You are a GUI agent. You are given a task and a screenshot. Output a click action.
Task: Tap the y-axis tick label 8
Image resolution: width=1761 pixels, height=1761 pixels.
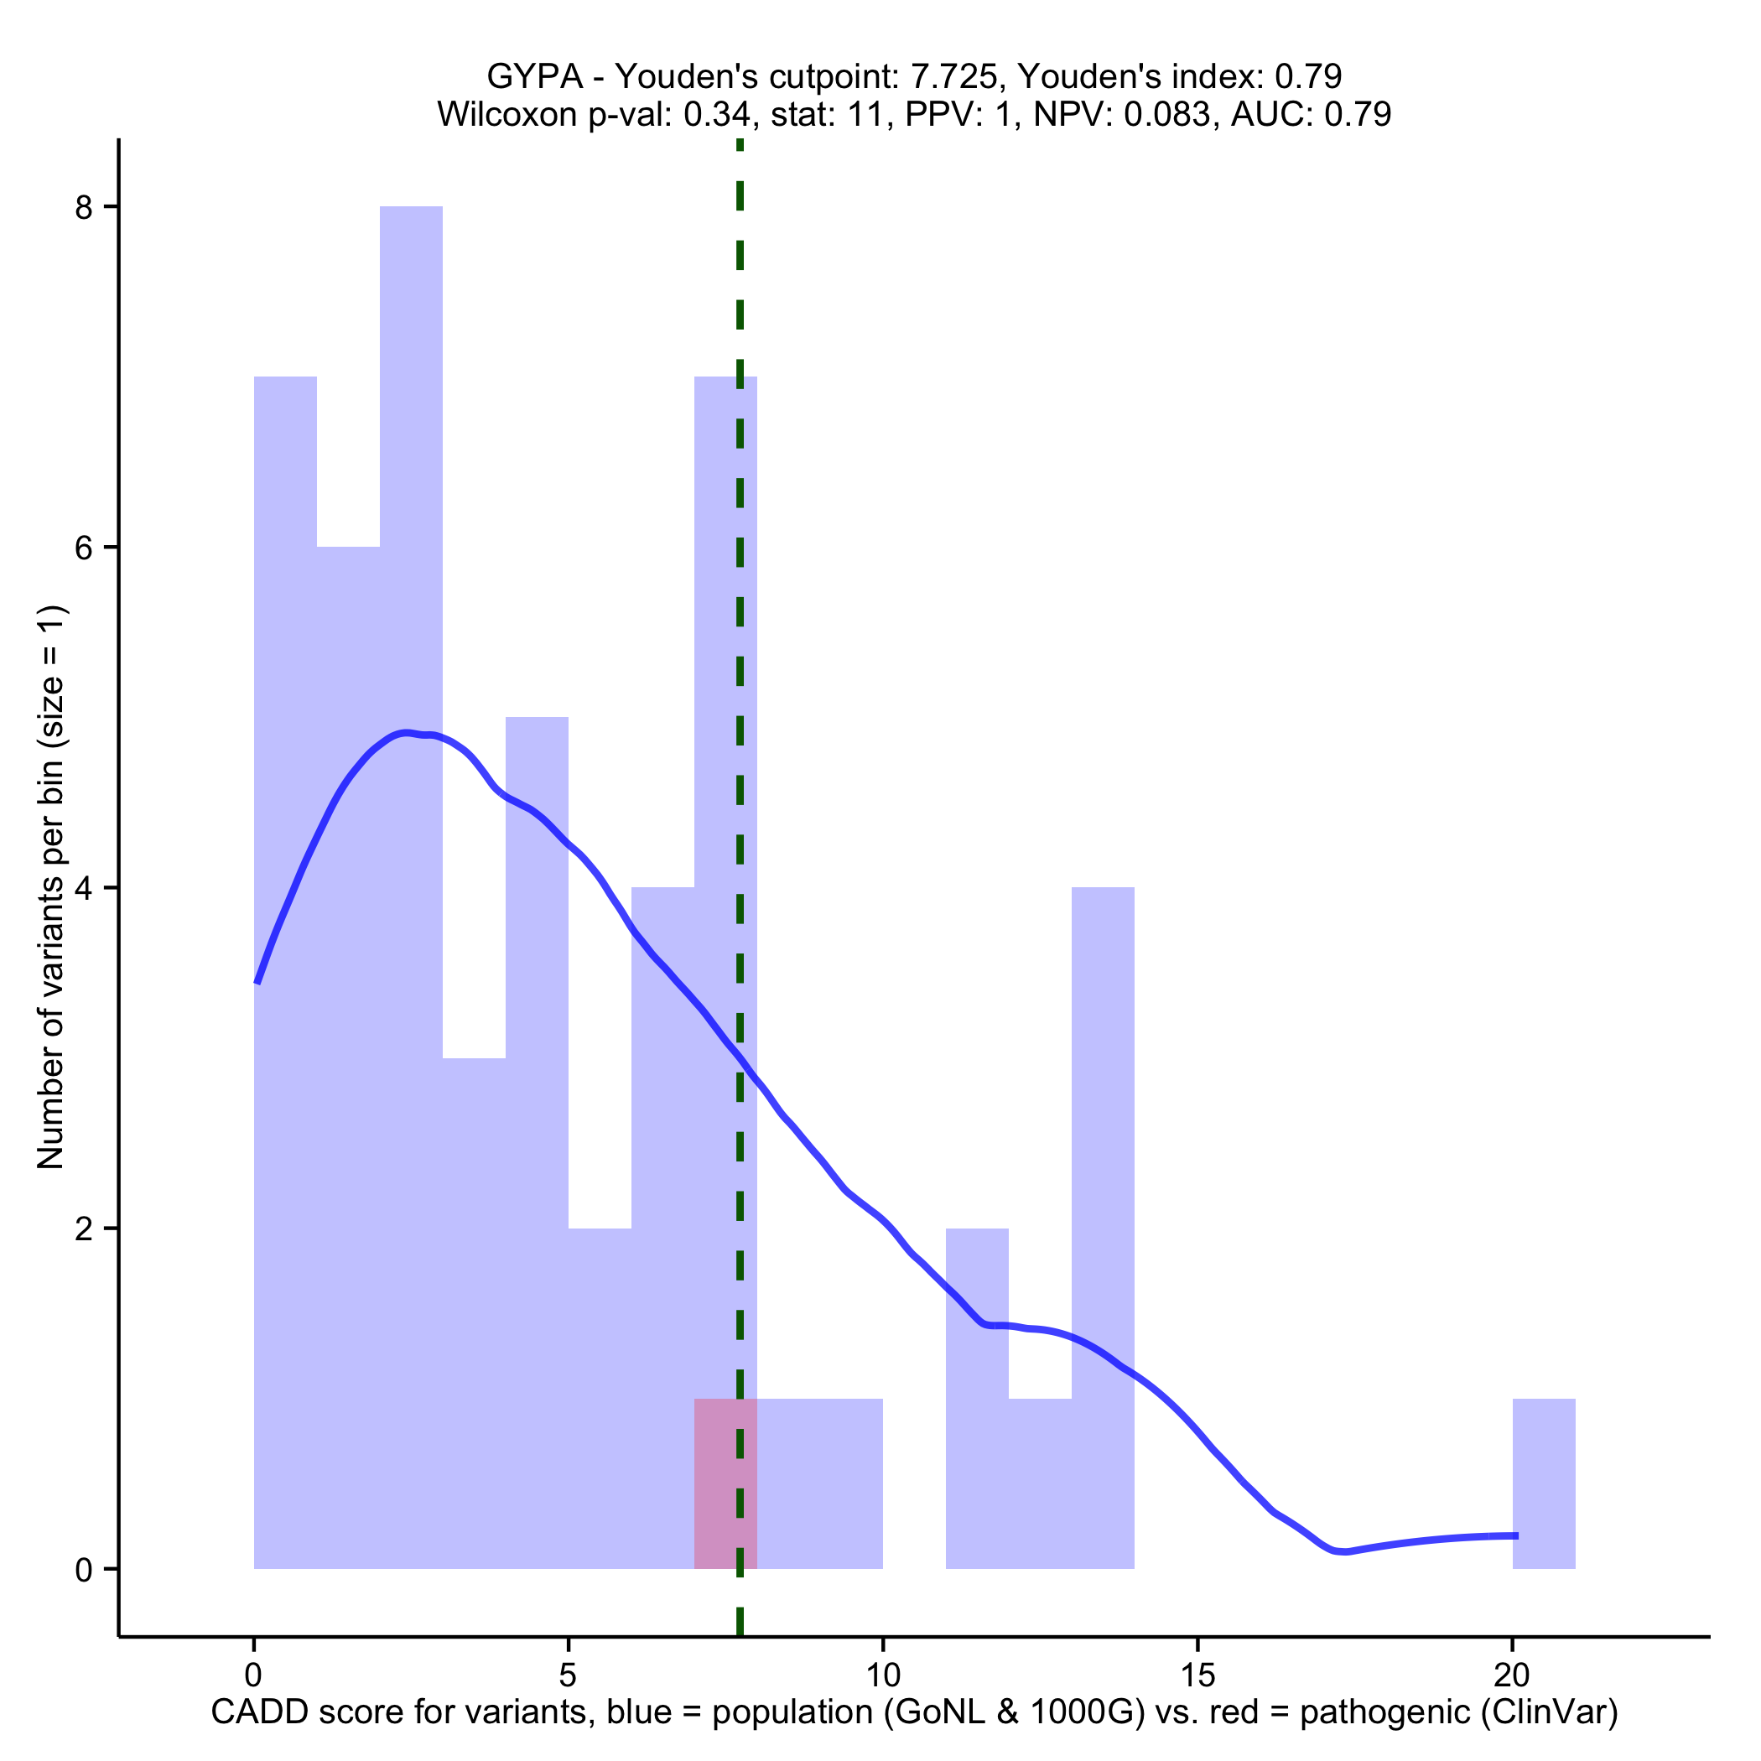pyautogui.click(x=85, y=208)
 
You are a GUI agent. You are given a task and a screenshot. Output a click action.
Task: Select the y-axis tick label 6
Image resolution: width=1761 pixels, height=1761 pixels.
pyautogui.click(x=85, y=548)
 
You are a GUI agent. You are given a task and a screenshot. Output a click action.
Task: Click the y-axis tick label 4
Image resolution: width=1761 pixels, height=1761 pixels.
pyautogui.click(x=85, y=888)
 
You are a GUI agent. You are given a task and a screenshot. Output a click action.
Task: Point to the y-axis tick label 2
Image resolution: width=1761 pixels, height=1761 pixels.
pyautogui.click(x=85, y=1229)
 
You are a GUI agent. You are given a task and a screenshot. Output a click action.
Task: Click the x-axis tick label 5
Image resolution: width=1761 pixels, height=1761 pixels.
pyautogui.click(x=568, y=1675)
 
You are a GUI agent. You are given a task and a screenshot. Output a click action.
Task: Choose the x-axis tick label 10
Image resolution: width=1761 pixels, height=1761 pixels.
pyautogui.click(x=882, y=1675)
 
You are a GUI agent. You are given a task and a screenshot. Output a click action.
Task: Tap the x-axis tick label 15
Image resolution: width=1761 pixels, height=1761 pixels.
pyautogui.click(x=1197, y=1675)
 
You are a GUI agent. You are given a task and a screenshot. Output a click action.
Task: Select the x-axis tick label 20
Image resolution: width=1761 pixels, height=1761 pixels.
pyautogui.click(x=1512, y=1675)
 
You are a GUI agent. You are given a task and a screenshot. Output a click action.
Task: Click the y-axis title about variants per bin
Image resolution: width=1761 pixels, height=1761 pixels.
pyautogui.click(x=51, y=886)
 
